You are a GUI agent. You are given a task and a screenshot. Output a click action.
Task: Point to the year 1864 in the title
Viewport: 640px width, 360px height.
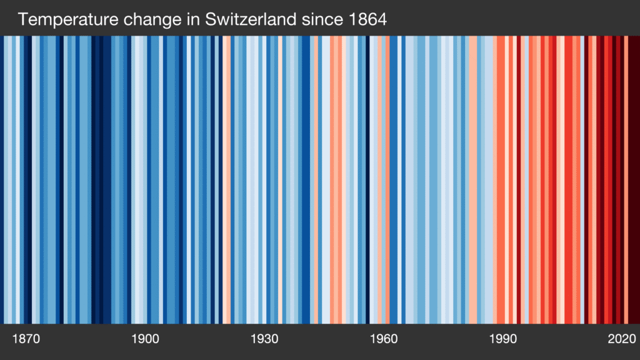[x=368, y=19]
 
